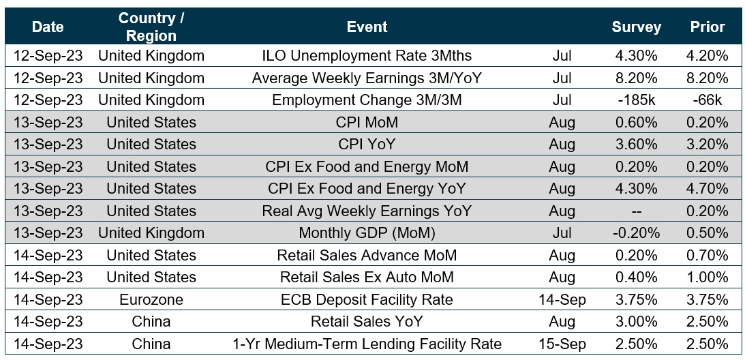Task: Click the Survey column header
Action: coord(636,27)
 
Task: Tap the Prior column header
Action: coord(707,27)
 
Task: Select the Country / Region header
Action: coord(151,27)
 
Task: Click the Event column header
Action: coord(367,27)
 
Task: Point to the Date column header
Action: coord(48,27)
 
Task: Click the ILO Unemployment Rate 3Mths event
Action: coord(367,56)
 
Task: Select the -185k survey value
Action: coord(636,100)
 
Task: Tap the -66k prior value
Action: coord(707,100)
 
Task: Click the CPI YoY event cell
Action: coord(367,145)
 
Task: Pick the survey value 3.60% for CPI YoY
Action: coord(636,145)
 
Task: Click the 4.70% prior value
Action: coord(707,189)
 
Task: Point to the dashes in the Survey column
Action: coord(636,211)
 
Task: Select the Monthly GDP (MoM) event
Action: coord(367,233)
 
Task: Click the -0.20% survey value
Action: coord(636,233)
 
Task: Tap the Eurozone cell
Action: coord(151,299)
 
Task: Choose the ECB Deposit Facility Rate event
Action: coord(367,299)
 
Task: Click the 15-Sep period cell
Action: coord(562,344)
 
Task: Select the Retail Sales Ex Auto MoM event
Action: coord(367,277)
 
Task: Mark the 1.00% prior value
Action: coord(707,277)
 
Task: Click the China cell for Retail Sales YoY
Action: coord(151,322)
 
